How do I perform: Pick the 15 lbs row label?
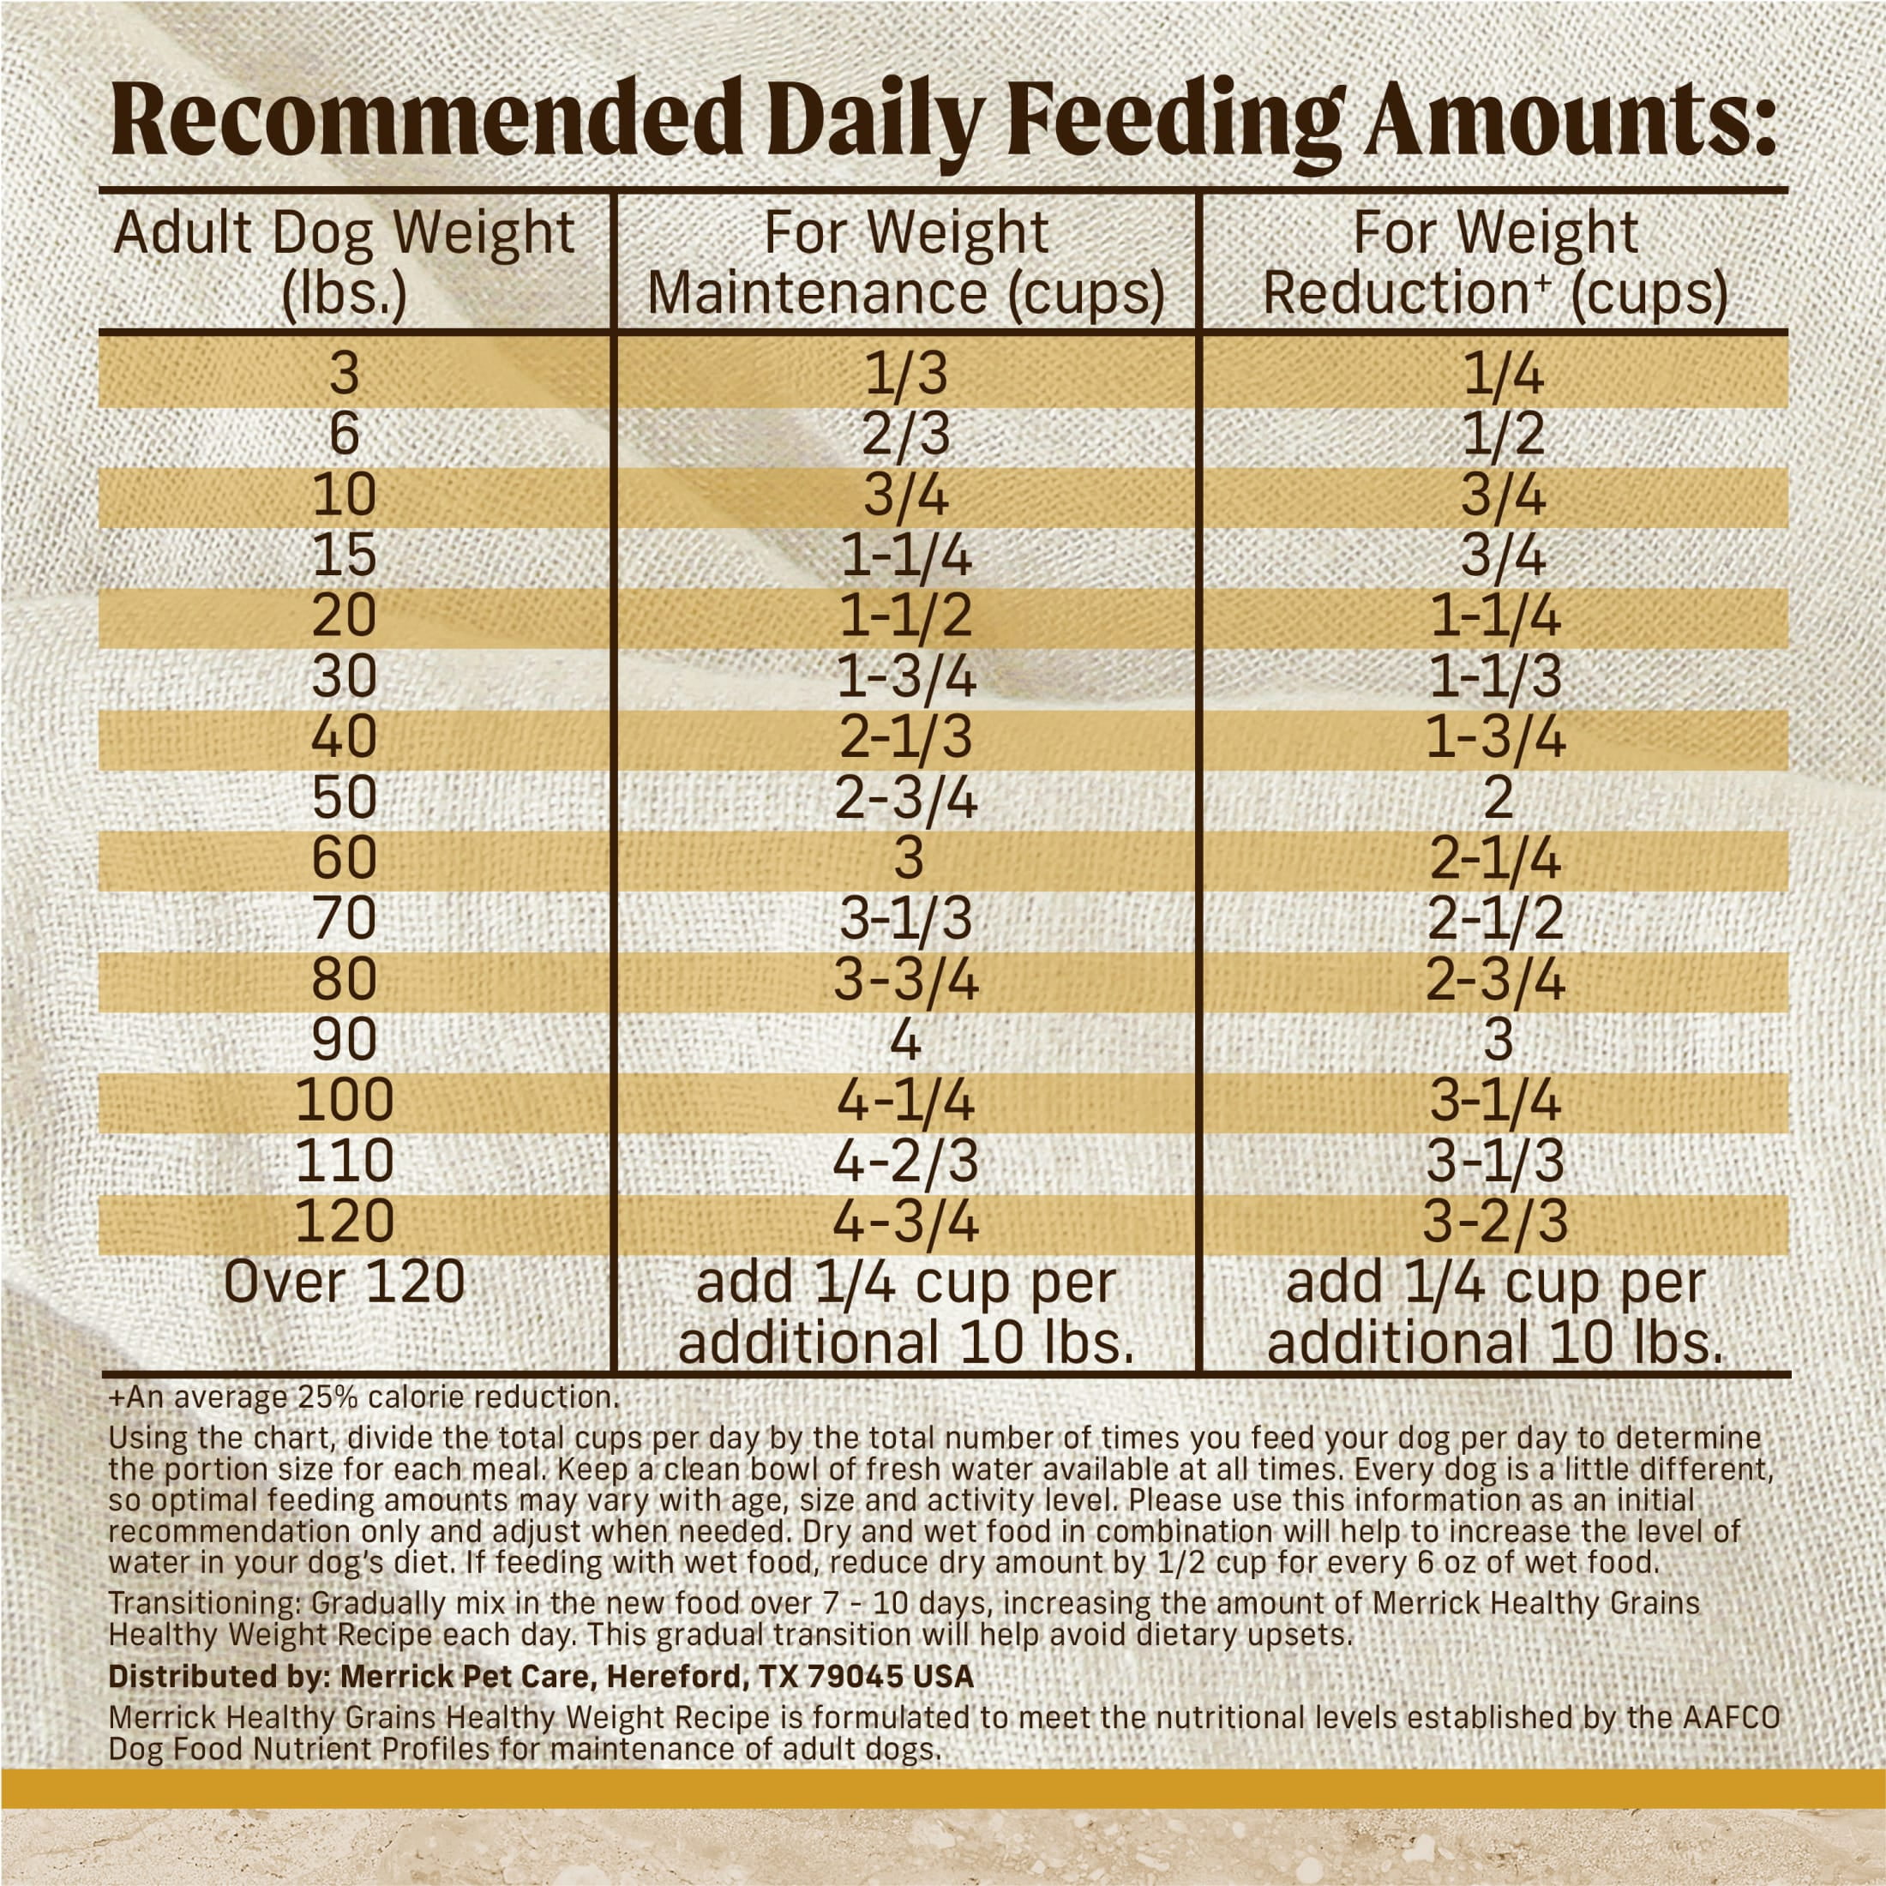coord(344,556)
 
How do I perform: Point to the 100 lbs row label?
coord(344,1099)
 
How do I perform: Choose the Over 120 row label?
coord(344,1282)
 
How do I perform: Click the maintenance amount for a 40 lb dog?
coord(906,737)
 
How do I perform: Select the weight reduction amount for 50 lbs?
coord(1497,797)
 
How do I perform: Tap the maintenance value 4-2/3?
coord(906,1161)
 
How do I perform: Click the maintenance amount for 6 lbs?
coord(906,435)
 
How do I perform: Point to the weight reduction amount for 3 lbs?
coord(1504,374)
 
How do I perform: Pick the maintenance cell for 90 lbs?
coord(906,1040)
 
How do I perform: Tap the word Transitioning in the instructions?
coord(205,1604)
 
